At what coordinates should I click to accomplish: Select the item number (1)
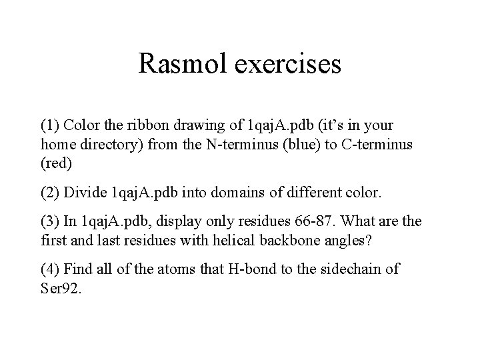(51, 125)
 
